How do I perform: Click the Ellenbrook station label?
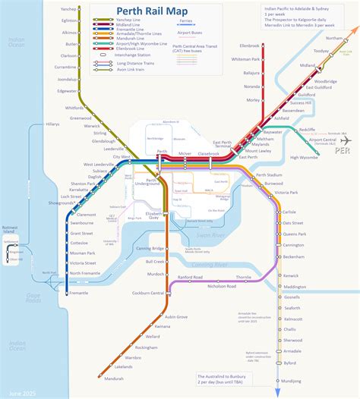pyautogui.click(x=250, y=46)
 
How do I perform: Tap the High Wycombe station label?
pyautogui.click(x=305, y=157)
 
